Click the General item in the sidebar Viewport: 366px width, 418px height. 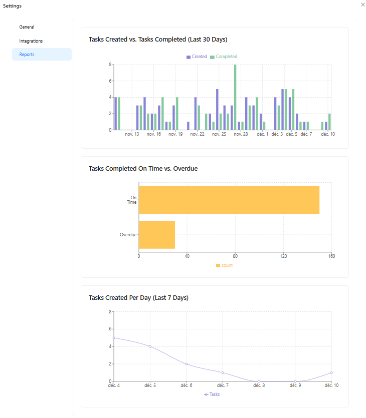pos(27,27)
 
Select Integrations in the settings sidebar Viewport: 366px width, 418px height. pos(31,41)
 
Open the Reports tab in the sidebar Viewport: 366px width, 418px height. pos(27,55)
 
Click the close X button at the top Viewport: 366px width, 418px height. pos(363,4)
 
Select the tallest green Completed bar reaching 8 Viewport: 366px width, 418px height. pos(235,97)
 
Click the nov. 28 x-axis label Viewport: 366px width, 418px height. pos(241,134)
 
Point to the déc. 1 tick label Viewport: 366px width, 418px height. pos(263,134)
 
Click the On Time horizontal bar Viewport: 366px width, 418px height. pos(229,200)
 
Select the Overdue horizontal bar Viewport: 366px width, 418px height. pos(157,235)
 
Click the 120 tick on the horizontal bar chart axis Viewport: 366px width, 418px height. pos(283,256)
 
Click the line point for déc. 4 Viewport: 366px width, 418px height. pos(114,338)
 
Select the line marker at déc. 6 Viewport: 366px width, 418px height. pos(187,364)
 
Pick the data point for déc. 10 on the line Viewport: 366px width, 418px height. pos(331,372)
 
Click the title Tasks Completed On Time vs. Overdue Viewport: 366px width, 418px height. pos(143,169)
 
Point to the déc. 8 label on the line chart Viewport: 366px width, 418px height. pos(259,385)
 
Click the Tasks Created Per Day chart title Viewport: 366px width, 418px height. pos(138,298)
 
